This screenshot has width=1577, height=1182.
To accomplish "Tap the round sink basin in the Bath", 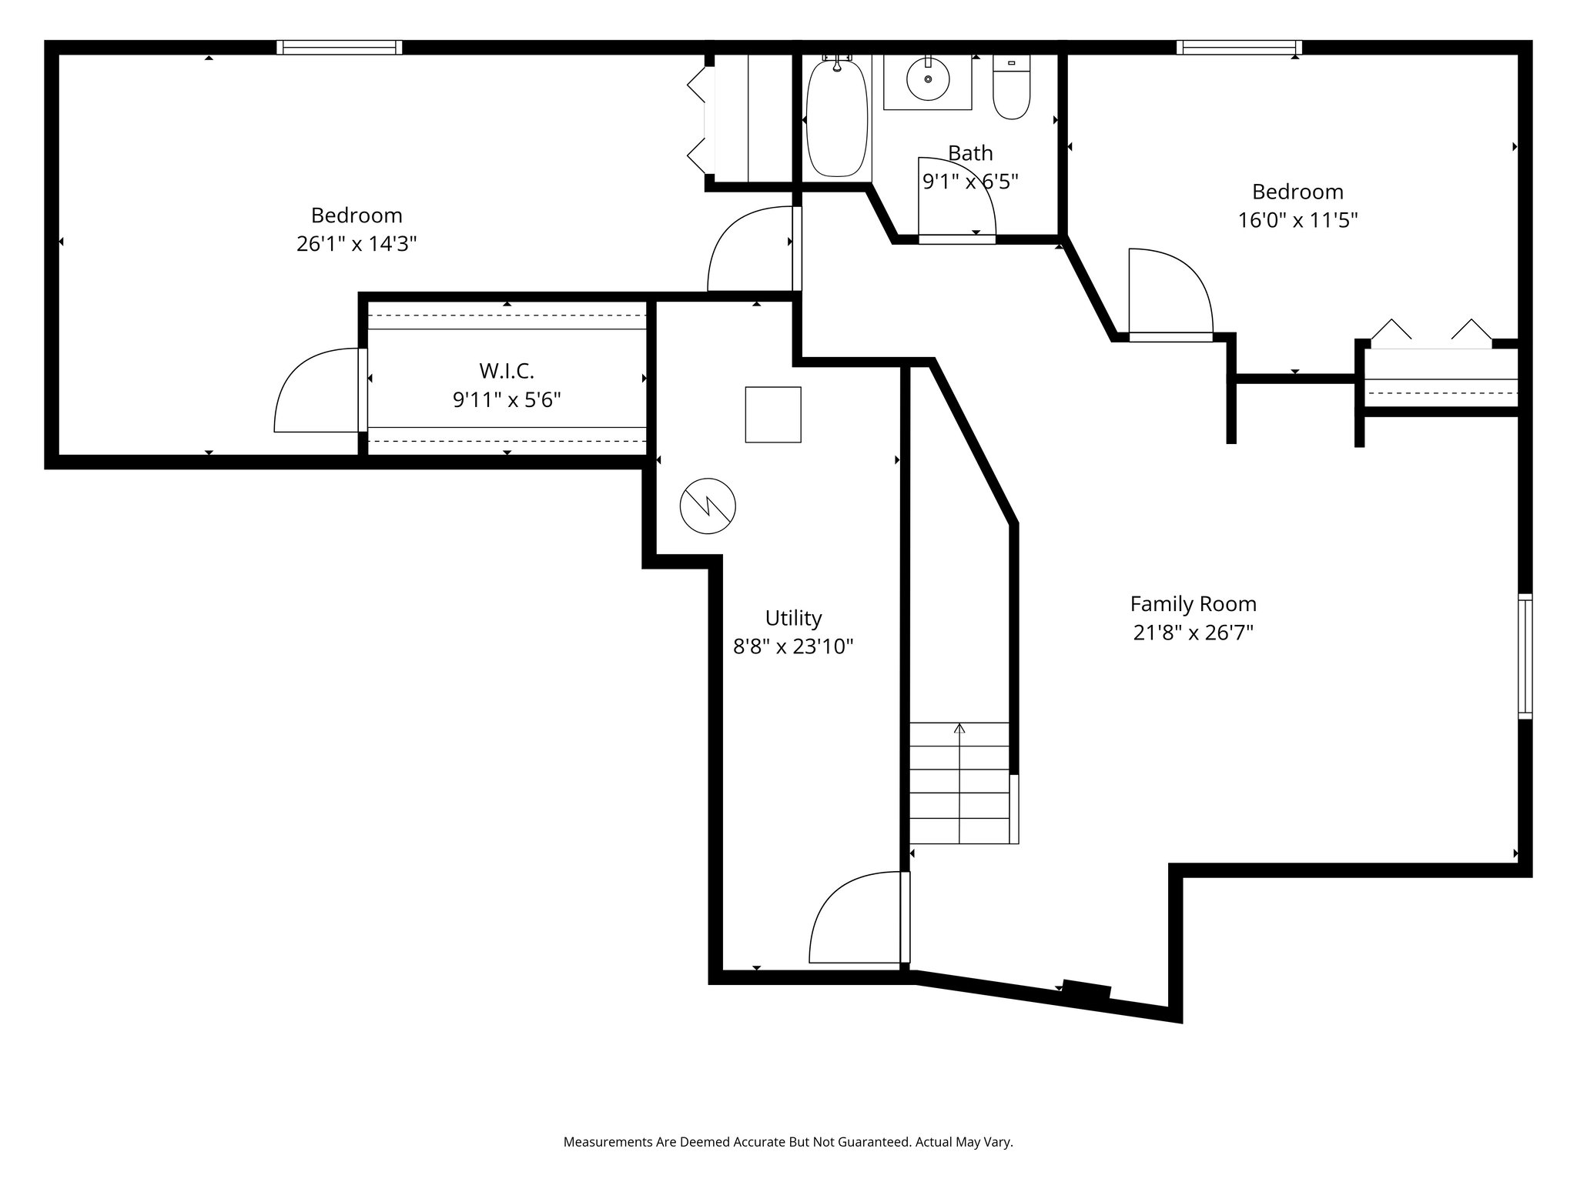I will [x=927, y=78].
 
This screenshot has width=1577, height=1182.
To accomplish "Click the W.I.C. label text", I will [x=506, y=371].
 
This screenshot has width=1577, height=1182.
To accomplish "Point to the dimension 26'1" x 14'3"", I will [x=357, y=244].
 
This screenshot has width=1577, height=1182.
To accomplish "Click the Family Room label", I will [x=1193, y=603].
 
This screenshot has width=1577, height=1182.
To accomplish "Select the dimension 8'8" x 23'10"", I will [x=793, y=646].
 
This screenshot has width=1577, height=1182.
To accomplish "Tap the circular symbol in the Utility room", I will [x=708, y=506].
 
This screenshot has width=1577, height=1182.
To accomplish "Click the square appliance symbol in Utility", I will [x=772, y=414].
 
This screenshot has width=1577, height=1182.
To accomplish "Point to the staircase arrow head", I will [x=959, y=727].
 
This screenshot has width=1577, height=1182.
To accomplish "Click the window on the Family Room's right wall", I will [x=1525, y=656].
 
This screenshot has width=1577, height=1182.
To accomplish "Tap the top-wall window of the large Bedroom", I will [x=340, y=48].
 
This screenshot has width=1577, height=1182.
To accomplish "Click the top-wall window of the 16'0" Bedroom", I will [x=1239, y=48].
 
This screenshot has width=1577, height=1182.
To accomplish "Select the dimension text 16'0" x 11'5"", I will [x=1297, y=221].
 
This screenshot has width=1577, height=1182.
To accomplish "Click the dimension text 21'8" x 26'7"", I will [x=1193, y=633].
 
